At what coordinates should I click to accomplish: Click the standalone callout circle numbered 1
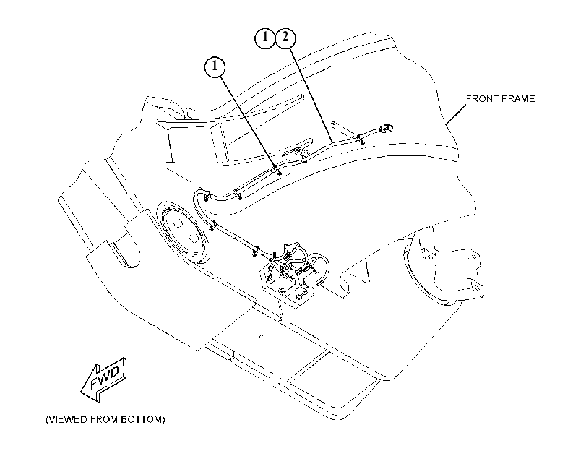[x=215, y=67]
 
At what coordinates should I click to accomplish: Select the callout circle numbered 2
[x=285, y=38]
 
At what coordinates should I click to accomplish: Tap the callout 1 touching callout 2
[x=265, y=38]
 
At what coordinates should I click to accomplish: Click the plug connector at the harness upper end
[x=387, y=129]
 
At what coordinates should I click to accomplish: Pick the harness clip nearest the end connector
[x=361, y=139]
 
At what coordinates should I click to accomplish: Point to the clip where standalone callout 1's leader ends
[x=277, y=170]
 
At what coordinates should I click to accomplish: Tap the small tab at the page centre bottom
[x=262, y=337]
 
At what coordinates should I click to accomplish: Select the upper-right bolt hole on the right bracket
[x=474, y=256]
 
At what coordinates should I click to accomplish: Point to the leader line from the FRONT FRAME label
[x=456, y=114]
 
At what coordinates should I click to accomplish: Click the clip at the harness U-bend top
[x=207, y=196]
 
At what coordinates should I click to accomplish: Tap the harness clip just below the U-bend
[x=212, y=225]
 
